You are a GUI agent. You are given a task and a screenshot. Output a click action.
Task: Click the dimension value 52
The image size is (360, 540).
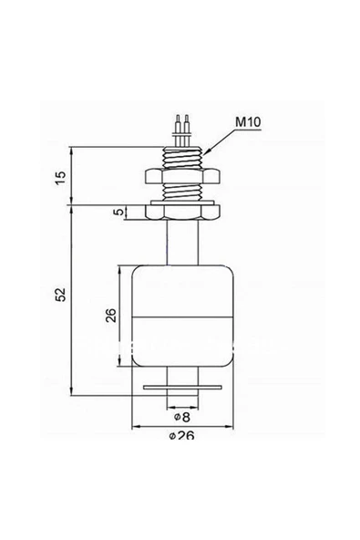(x=60, y=296)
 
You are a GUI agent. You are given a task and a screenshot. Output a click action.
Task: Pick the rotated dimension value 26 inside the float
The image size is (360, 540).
(x=110, y=316)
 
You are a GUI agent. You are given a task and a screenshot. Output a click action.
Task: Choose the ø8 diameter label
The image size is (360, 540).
(x=180, y=415)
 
